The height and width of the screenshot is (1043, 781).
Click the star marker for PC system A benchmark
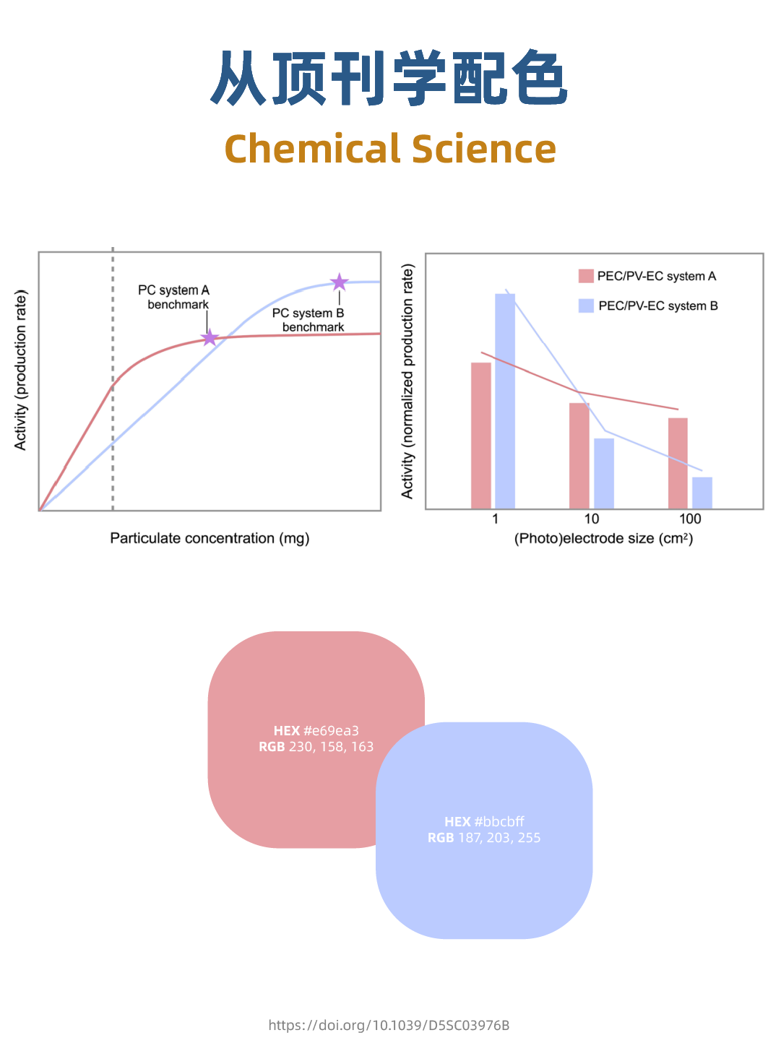[x=210, y=337]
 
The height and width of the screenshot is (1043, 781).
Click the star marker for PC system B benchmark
[x=339, y=282]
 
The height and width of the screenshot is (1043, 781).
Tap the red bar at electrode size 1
[x=481, y=436]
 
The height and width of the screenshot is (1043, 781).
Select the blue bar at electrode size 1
[x=505, y=401]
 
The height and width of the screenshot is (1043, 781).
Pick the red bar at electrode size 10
[x=579, y=456]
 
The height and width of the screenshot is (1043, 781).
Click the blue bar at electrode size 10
[x=604, y=473]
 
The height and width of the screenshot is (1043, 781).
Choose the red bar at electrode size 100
[x=678, y=463]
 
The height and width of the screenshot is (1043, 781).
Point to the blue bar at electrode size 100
[x=702, y=493]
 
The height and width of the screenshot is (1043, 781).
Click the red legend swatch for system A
[x=586, y=276]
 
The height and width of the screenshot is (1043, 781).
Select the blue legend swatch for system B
[x=586, y=306]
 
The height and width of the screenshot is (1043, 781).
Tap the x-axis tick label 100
[x=690, y=519]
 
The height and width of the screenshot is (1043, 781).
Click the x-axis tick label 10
[x=592, y=519]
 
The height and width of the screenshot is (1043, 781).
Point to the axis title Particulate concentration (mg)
[x=210, y=538]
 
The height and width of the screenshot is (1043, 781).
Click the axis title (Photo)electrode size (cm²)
[x=603, y=538]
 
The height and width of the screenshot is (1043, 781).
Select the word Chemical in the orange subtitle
[x=313, y=149]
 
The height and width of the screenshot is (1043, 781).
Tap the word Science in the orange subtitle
[x=484, y=149]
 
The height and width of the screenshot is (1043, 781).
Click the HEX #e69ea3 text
[x=316, y=730]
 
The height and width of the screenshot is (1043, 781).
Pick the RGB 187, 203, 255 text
[x=484, y=838]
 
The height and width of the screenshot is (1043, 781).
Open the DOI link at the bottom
[x=389, y=1025]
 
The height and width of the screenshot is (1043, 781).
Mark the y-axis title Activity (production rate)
[x=20, y=370]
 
